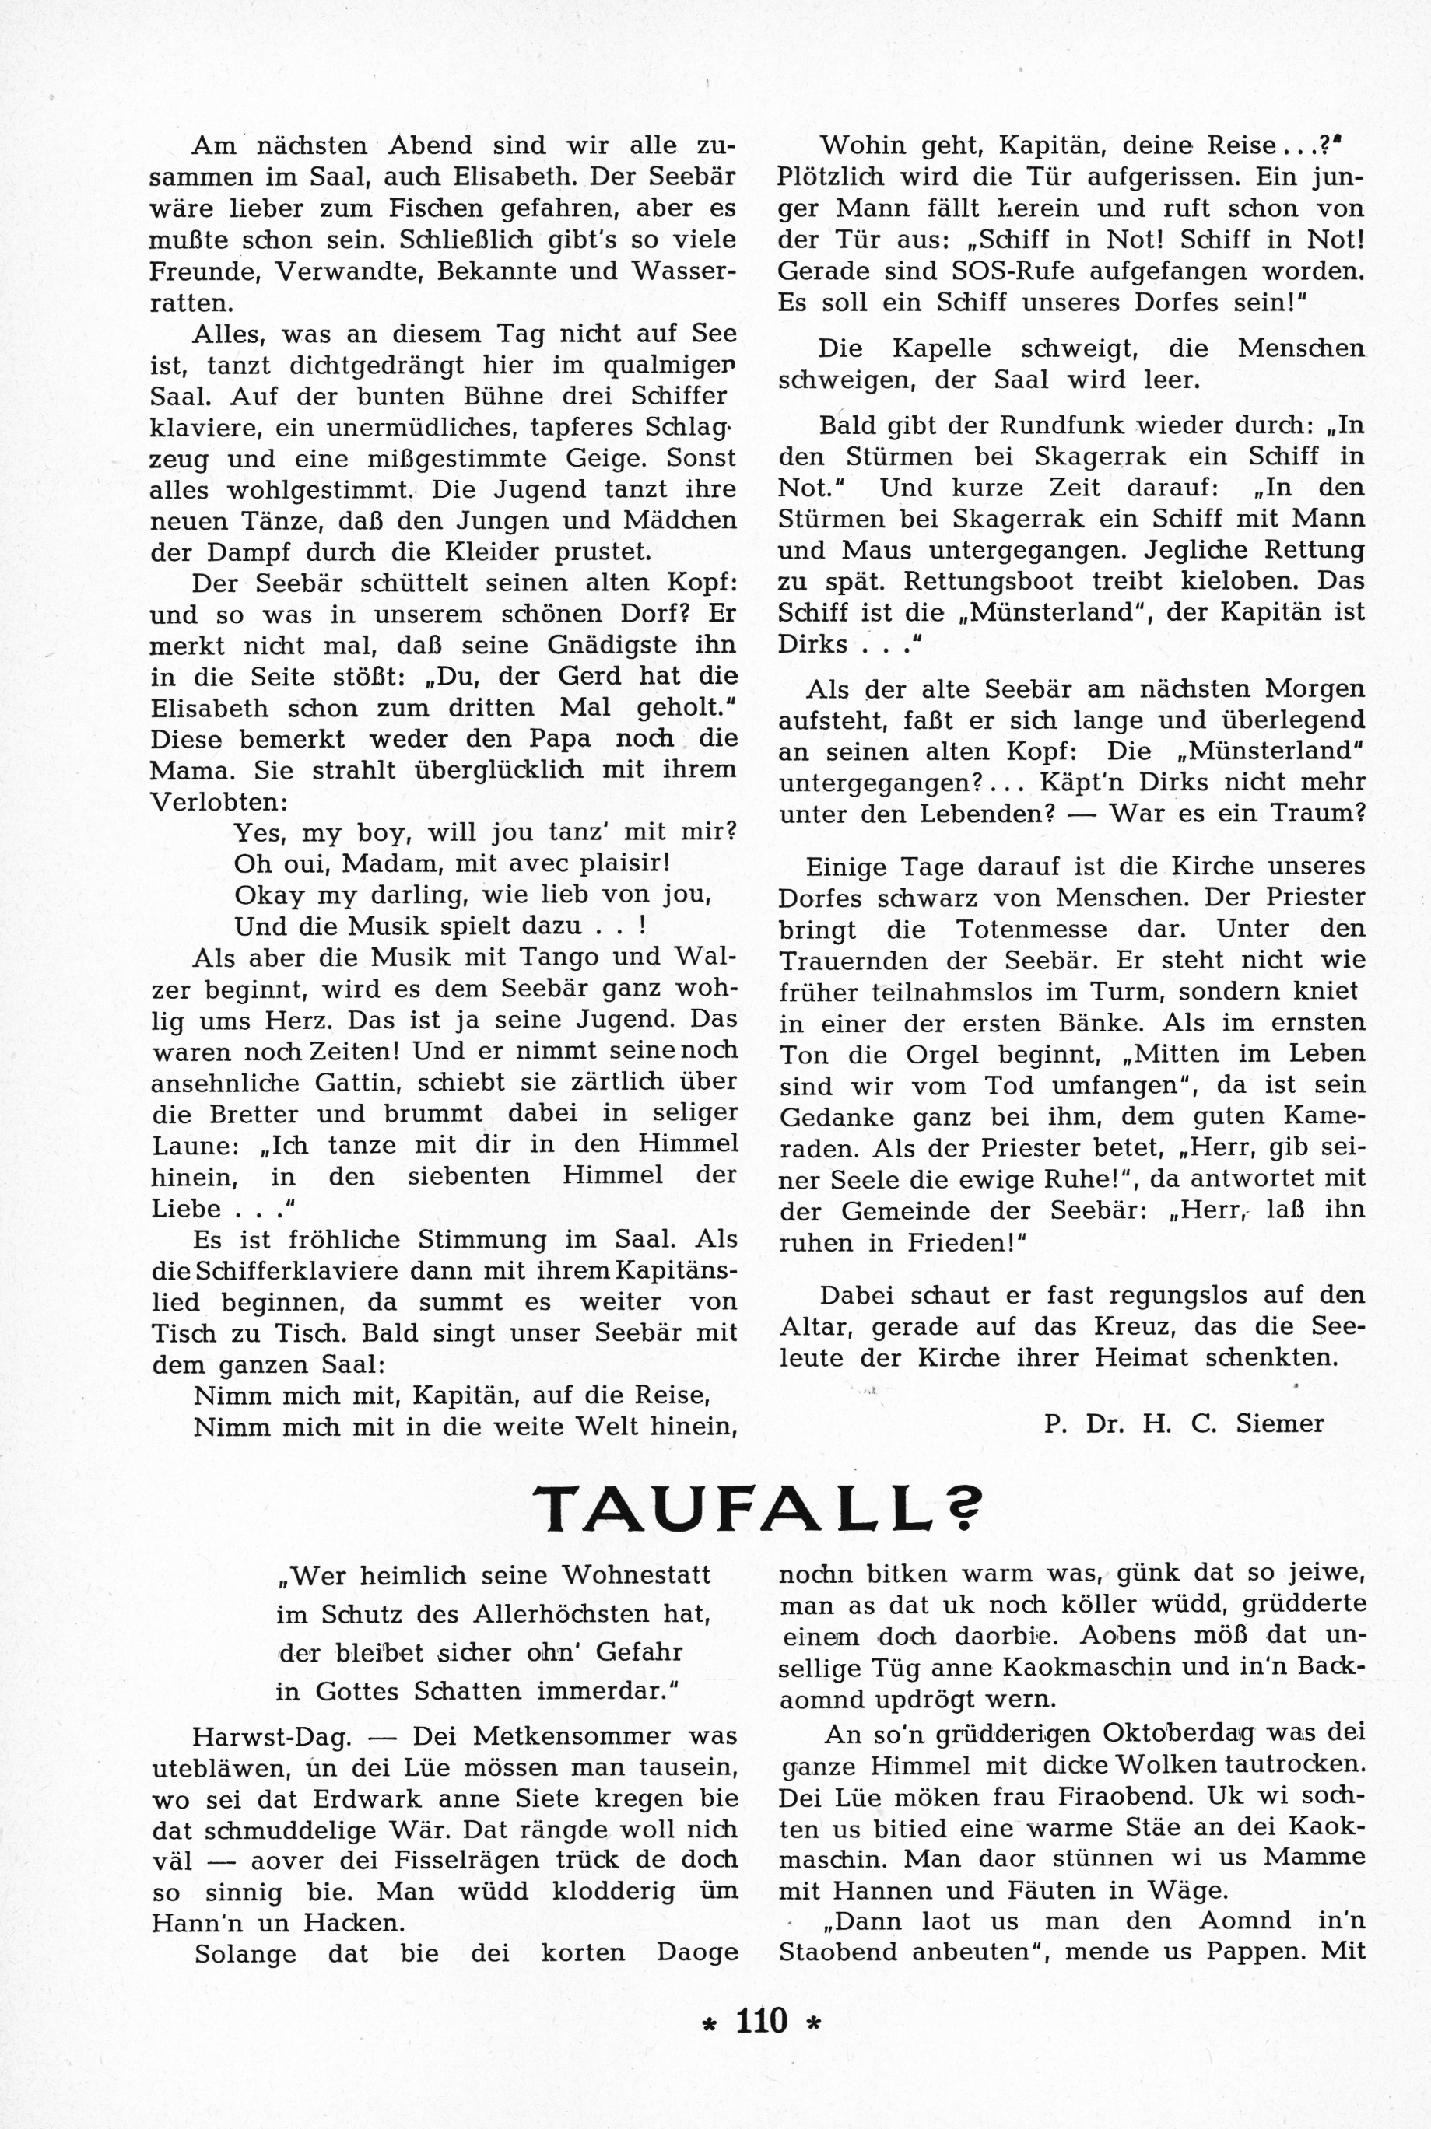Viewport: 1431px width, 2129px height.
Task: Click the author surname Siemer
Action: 1279,1423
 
